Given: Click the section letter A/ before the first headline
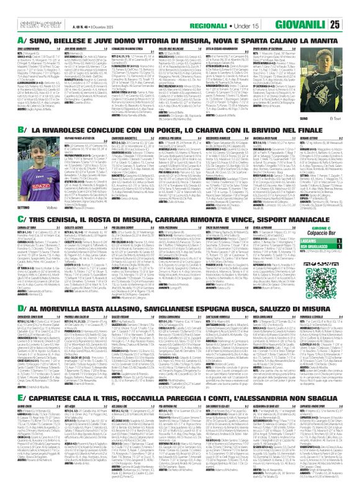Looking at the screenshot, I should point(12,40).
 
